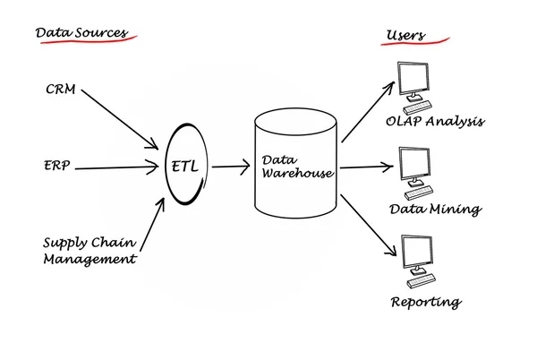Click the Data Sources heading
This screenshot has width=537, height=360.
coord(81,33)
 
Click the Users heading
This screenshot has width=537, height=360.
coord(405,36)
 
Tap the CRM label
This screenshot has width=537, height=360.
coord(62,90)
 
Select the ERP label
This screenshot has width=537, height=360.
coord(57,167)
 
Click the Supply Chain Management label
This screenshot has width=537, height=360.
coord(89,251)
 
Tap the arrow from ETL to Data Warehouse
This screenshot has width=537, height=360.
coord(231,167)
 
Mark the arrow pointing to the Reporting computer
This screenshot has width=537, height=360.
coord(368,221)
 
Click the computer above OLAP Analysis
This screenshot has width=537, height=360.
coord(416,85)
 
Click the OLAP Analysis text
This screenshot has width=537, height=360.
coord(434,121)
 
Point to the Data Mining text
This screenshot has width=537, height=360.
coord(435,209)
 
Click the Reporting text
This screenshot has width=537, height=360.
coord(426,302)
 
